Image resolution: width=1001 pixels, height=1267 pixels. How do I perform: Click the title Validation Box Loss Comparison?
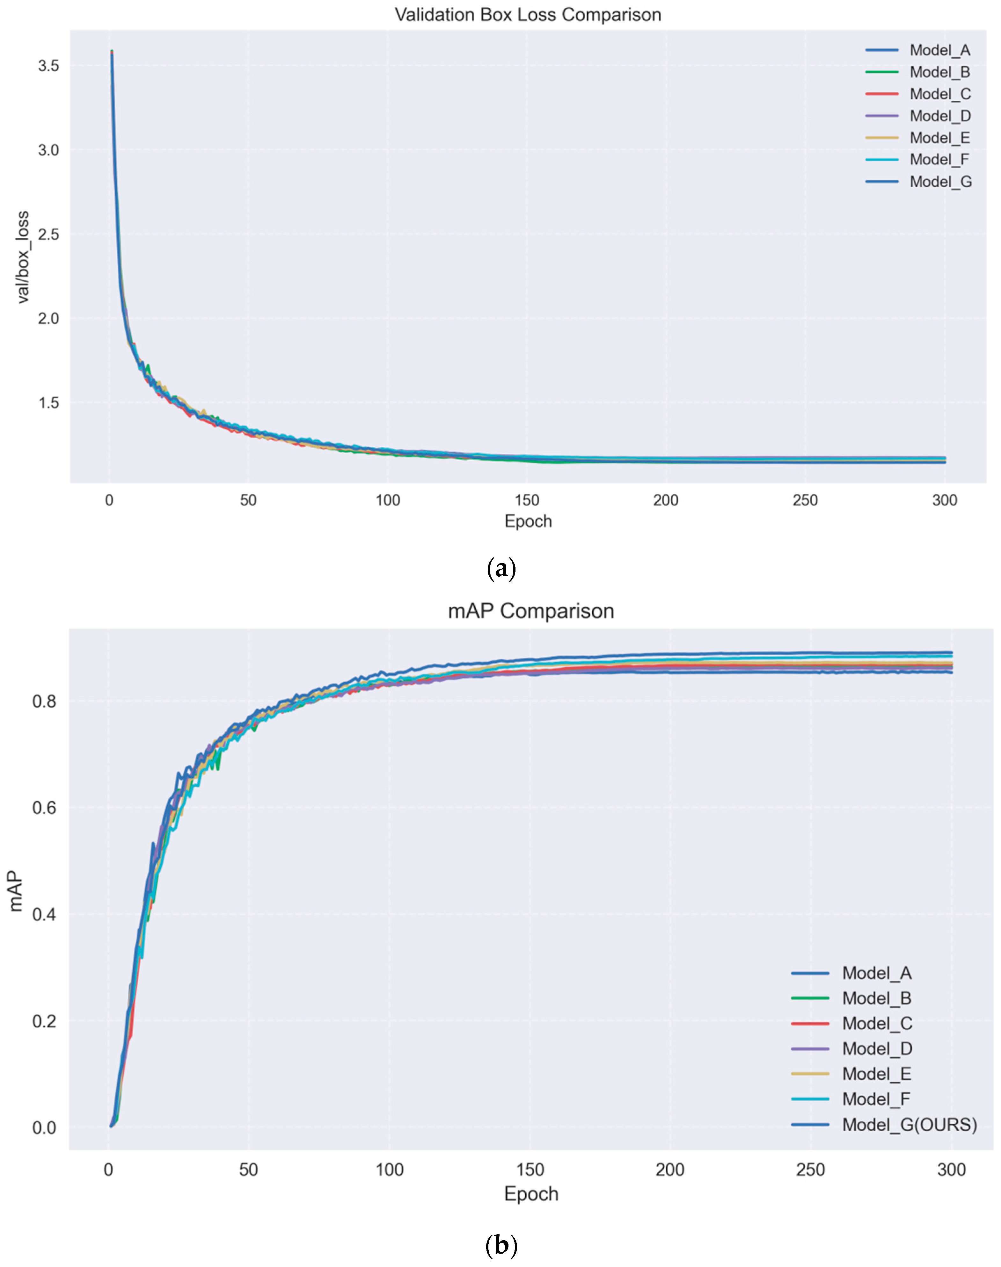(x=528, y=15)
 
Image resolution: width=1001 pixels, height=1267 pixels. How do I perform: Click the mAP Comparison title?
(x=531, y=611)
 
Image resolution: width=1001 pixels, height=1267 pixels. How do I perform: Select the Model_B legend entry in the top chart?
(x=939, y=72)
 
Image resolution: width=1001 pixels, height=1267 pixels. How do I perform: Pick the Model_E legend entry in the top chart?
(x=939, y=138)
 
